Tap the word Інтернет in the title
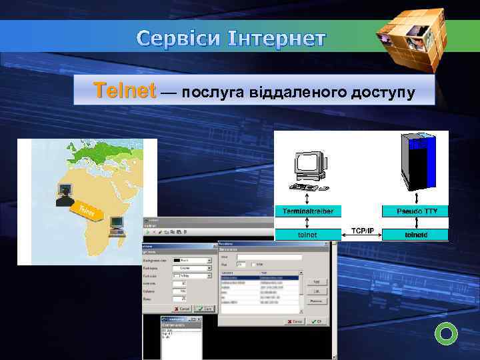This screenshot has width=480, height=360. [280, 39]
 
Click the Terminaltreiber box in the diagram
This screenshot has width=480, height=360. [308, 211]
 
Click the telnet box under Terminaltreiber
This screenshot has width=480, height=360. [308, 234]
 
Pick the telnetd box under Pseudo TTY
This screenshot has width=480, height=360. [415, 234]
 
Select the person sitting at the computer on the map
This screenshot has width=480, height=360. [65, 195]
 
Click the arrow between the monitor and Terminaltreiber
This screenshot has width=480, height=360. [307, 195]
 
